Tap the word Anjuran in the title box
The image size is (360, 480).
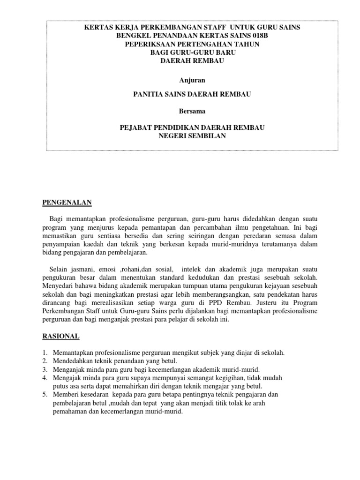coord(192,80)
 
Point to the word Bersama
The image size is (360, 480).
coord(192,111)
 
